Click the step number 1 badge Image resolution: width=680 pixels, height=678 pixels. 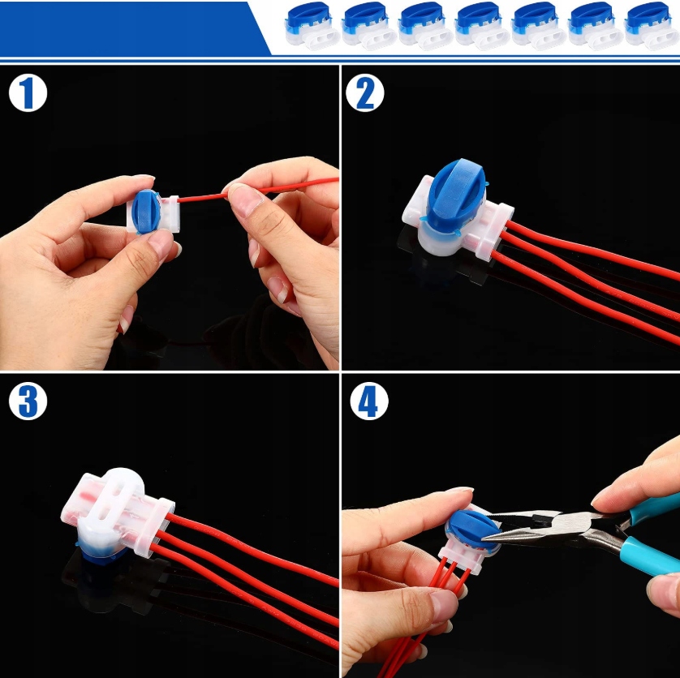click(28, 92)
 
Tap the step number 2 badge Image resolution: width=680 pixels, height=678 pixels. click(364, 92)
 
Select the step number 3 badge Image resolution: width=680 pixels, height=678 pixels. click(28, 401)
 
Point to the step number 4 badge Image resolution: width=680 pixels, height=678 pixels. click(369, 401)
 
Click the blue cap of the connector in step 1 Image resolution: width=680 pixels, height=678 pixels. click(146, 211)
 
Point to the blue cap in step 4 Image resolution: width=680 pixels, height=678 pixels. click(474, 530)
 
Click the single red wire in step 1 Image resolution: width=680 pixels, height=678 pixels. click(258, 190)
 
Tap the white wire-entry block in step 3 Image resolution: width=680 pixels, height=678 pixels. click(155, 527)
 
